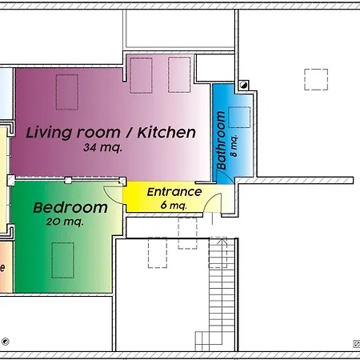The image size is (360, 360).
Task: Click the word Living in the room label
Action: tap(50, 132)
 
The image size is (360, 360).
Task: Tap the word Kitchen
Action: tap(166, 132)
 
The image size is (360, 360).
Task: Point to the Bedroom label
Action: tap(70, 208)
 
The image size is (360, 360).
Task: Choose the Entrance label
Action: tap(174, 192)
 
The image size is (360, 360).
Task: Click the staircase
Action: tap(218, 296)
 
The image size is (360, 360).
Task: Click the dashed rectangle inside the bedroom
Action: tap(62, 260)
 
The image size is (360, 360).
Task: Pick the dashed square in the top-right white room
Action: tap(317, 81)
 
